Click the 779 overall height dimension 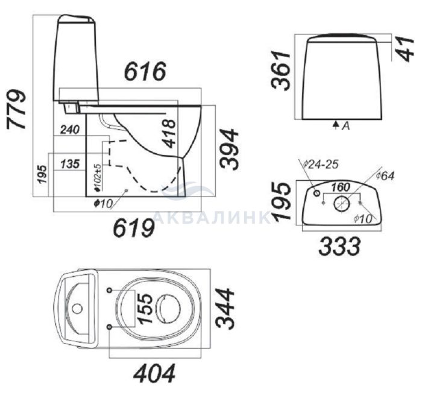pos(16,109)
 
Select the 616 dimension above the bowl pos(145,71)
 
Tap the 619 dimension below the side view pos(134,228)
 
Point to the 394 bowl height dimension pos(229,149)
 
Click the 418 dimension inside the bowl pos(170,134)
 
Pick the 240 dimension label pos(70,130)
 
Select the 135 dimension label pos(70,164)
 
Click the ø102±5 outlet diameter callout pos(98,178)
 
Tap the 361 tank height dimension pos(281,70)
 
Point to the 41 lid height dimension pos(406,49)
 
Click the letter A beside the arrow pos(346,125)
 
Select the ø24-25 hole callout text pos(321,165)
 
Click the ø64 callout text pos(385,176)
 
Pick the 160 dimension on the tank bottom pos(341,187)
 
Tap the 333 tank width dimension pos(339,246)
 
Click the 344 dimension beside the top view pos(225,308)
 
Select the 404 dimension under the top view pos(154,373)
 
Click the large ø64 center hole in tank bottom pos(342,204)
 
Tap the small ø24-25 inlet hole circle pos(316,194)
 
